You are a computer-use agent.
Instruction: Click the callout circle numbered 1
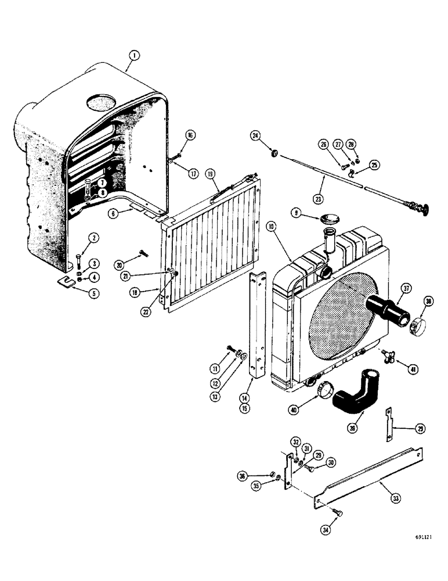pos(134,56)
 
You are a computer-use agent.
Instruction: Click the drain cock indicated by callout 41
pos(386,356)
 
